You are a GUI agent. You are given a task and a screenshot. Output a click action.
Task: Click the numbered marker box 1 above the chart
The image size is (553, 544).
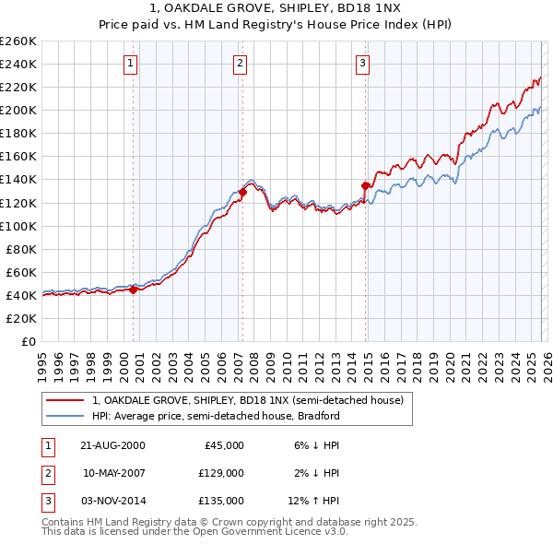(x=131, y=64)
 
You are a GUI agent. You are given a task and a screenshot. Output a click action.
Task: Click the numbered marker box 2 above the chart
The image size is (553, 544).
(x=240, y=64)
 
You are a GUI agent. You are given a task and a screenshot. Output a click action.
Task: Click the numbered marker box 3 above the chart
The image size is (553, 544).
(x=362, y=64)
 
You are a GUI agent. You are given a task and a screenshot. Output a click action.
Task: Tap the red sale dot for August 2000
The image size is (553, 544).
(x=133, y=290)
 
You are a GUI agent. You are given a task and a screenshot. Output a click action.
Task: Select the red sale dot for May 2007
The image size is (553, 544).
(x=242, y=193)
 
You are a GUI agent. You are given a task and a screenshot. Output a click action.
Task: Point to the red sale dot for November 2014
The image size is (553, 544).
(x=365, y=185)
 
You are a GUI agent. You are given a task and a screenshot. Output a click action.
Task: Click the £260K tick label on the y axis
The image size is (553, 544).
(x=18, y=41)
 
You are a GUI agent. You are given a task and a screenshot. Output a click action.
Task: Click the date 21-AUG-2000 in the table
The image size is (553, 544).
(x=113, y=445)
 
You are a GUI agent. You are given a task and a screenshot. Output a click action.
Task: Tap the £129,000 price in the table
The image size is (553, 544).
(x=220, y=473)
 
